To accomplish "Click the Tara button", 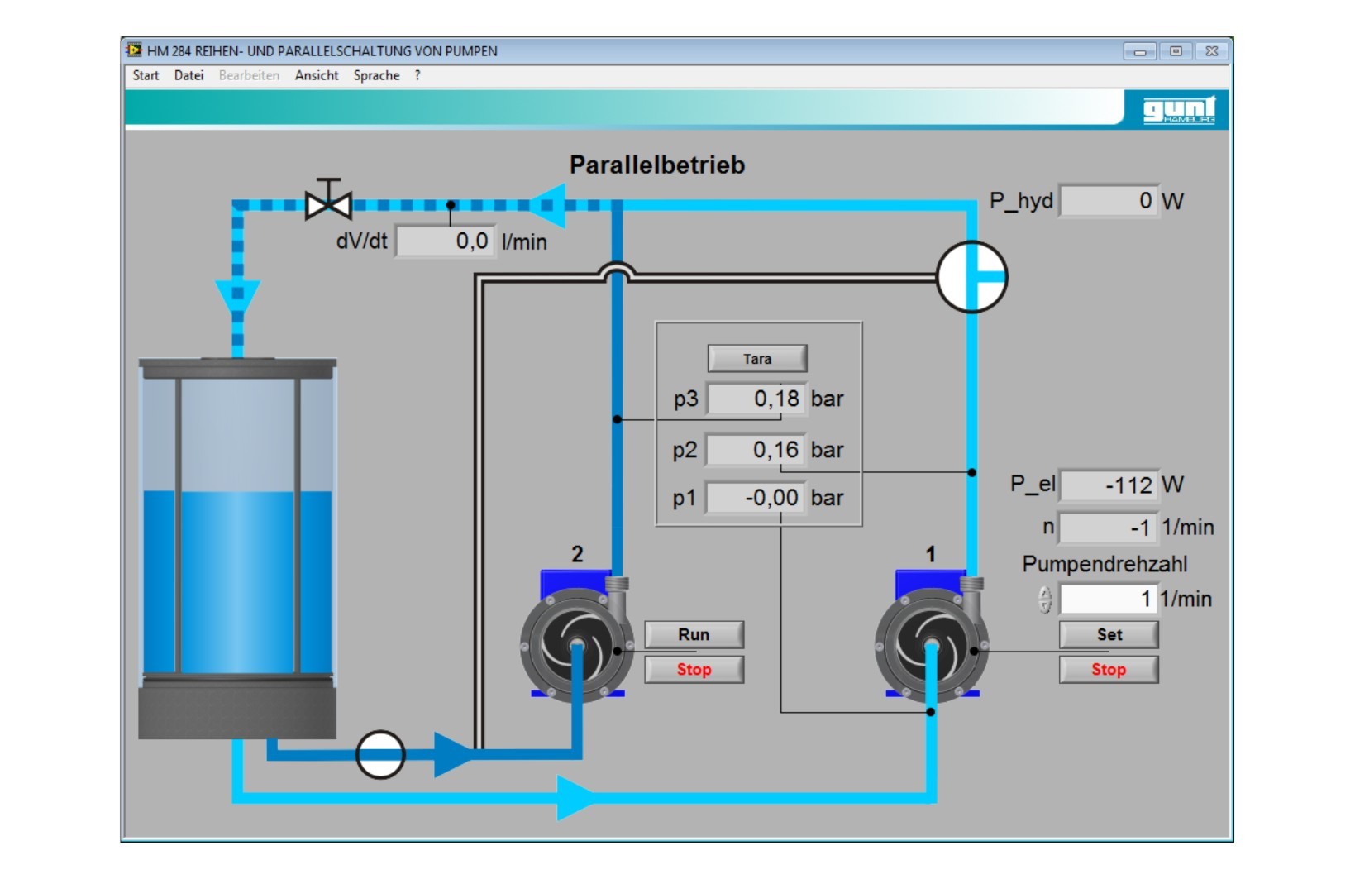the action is pos(756,359).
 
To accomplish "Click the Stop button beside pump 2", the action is pos(694,670).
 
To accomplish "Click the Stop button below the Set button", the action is pos(1109,670).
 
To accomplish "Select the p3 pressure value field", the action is pos(756,399).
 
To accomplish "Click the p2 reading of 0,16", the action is pos(756,450).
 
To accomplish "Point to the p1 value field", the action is pos(756,498).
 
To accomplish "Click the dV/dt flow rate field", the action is pos(446,241).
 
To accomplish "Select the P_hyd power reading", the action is pos(1109,201).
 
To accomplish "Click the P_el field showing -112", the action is pos(1109,485).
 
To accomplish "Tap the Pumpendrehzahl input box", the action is pos(1109,599).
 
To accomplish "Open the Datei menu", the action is pos(188,75).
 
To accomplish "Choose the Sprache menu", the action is pos(376,75).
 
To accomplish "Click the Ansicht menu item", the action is pos(317,75).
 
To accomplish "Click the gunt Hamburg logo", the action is pos(1178,109).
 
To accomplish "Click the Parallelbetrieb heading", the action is pos(657,165).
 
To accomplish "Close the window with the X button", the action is pos(1212,51).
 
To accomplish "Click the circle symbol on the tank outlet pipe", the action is pos(380,754).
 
